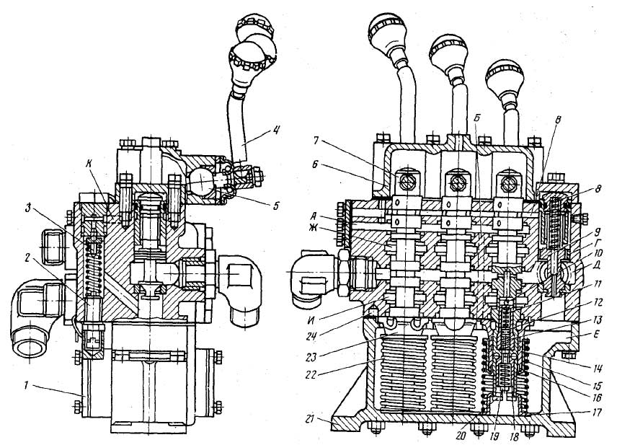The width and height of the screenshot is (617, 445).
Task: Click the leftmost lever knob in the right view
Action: (389, 29)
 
